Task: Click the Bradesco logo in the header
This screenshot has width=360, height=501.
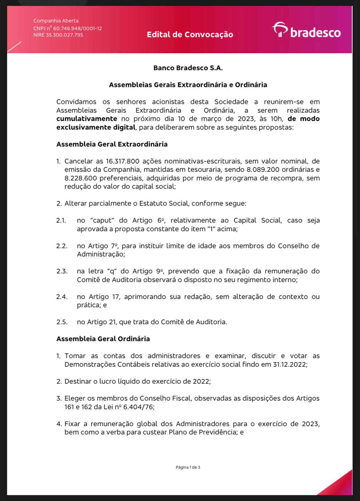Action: tap(306, 30)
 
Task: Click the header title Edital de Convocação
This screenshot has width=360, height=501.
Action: tap(190, 34)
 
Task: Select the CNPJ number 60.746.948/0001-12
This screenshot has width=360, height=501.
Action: tap(78, 28)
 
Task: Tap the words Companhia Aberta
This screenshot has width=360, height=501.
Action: tap(56, 21)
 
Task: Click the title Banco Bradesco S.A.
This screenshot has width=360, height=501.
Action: tap(188, 68)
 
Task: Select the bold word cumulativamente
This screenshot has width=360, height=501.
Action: tap(87, 119)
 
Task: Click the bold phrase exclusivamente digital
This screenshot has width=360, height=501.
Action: tap(96, 127)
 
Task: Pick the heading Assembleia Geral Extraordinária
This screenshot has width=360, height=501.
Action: tap(112, 144)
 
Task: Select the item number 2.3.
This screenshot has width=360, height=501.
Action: tap(62, 271)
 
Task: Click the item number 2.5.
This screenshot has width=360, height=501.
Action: tap(62, 322)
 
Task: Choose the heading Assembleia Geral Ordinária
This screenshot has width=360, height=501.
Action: tap(103, 339)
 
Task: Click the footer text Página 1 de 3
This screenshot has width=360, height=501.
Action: tap(188, 467)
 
